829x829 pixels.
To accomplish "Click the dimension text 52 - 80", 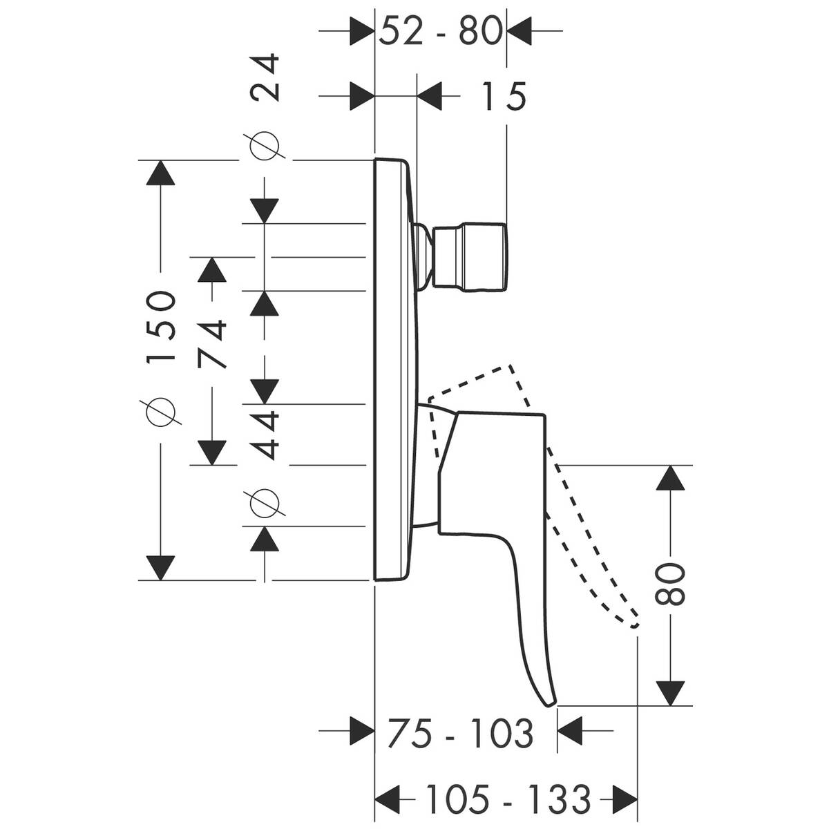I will click(x=440, y=31).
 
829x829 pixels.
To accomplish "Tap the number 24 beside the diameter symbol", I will click(x=265, y=78).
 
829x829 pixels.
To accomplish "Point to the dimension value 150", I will click(x=160, y=325).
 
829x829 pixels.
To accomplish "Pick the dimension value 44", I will click(x=265, y=435).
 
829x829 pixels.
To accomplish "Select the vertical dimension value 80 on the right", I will click(x=669, y=584).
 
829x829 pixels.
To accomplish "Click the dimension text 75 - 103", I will click(x=460, y=733).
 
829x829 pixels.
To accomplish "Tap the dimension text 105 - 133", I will click(x=507, y=800).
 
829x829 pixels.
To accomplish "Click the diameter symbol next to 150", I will click(x=160, y=411).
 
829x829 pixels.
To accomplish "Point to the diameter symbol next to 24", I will click(x=265, y=146).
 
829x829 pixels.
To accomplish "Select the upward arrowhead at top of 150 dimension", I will click(x=160, y=173).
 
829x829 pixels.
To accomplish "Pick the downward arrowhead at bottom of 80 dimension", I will click(x=669, y=693).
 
